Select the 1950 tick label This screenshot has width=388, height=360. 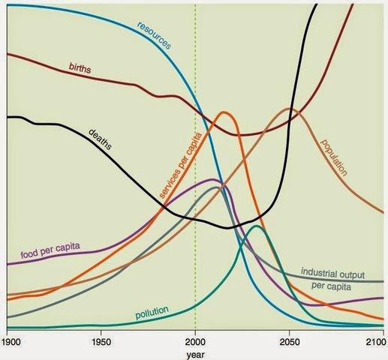tap(101, 337)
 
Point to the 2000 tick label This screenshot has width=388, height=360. tap(195, 337)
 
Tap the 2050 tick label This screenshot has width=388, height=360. tap(289, 337)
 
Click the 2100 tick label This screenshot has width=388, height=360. tap(377, 337)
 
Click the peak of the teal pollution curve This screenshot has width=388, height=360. tap(257, 226)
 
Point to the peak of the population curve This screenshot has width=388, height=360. tap(290, 109)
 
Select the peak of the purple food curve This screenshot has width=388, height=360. tap(213, 180)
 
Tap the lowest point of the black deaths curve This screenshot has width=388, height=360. tap(229, 227)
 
